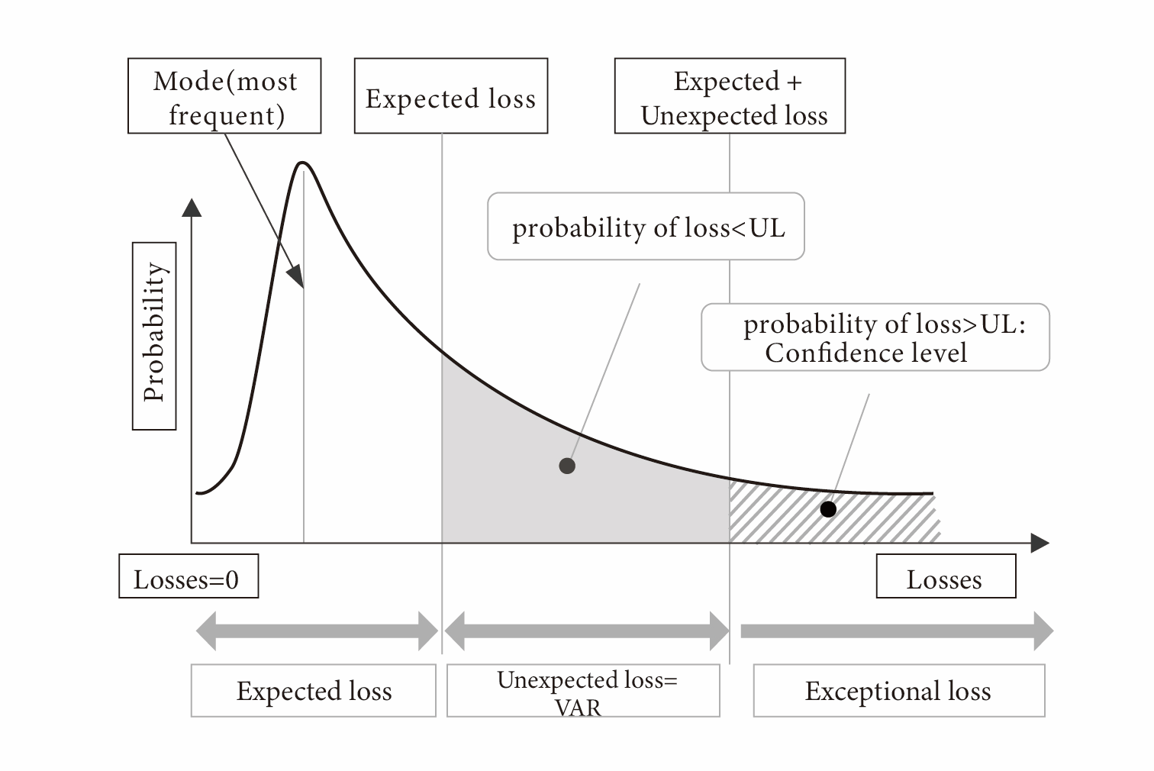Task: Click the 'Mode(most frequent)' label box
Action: click(x=224, y=96)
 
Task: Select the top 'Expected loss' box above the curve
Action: click(x=450, y=96)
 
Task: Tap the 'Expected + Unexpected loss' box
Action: click(x=730, y=96)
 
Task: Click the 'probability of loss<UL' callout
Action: click(x=646, y=227)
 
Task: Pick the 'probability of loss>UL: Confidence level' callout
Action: click(x=875, y=337)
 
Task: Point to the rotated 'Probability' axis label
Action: click(x=154, y=336)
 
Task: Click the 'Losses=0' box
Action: click(x=188, y=577)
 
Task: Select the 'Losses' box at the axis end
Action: click(x=945, y=577)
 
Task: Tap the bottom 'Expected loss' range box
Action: click(x=313, y=691)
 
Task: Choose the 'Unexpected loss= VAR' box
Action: click(x=583, y=691)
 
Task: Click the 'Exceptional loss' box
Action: click(x=898, y=691)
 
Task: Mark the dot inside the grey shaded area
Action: click(x=567, y=466)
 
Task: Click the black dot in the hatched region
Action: click(x=828, y=509)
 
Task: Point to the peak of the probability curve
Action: click(x=303, y=163)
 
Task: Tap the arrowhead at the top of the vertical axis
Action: click(x=192, y=207)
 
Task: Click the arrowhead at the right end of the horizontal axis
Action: click(x=1040, y=543)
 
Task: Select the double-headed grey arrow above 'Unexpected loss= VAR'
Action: click(x=586, y=631)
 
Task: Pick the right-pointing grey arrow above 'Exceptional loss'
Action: click(x=898, y=631)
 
